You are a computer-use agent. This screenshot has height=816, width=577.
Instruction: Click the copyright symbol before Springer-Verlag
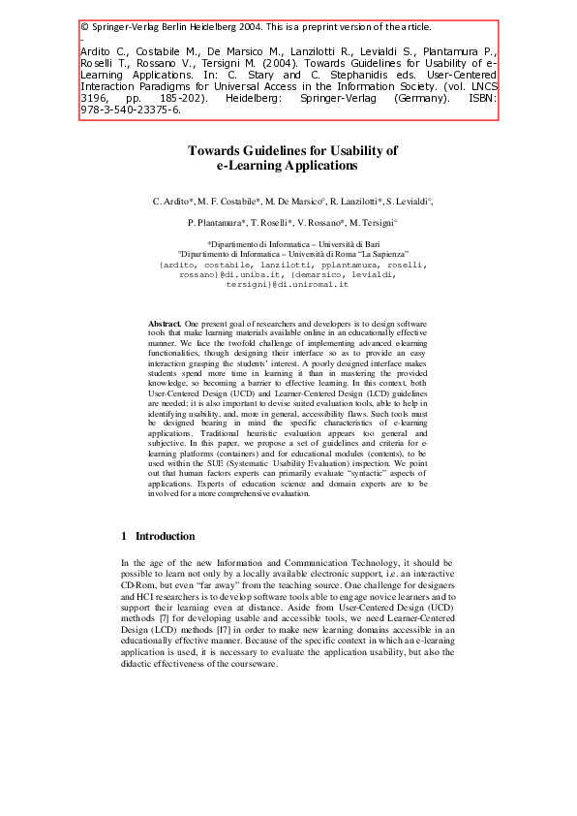click(84, 26)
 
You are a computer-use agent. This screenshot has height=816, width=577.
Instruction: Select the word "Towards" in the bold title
click(221, 150)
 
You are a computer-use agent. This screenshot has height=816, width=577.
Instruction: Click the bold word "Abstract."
click(164, 321)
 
